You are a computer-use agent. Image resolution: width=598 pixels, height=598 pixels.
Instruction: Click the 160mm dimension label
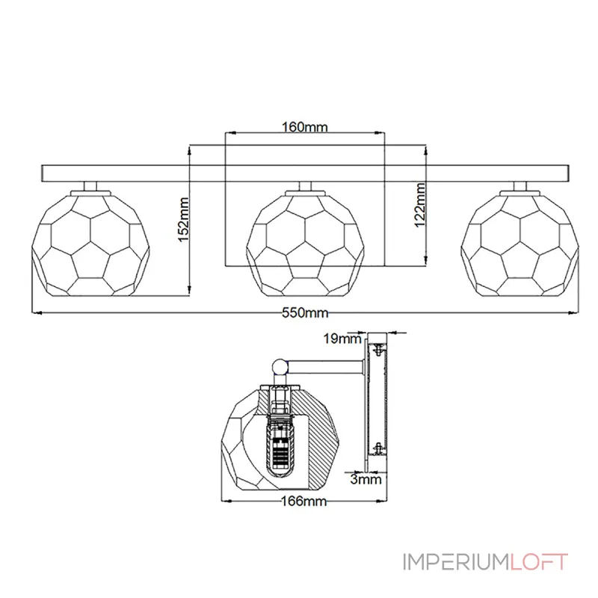[304, 126]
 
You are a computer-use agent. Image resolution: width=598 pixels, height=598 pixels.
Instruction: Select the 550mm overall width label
[305, 312]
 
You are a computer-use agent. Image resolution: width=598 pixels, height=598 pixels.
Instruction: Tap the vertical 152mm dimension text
[184, 219]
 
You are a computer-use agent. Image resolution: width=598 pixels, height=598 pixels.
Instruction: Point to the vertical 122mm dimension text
[420, 205]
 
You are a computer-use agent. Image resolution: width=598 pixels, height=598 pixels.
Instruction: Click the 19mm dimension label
[342, 339]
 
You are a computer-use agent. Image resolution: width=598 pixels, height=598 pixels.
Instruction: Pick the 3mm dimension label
[366, 479]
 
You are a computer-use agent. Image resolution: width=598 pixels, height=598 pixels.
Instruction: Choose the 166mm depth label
[304, 501]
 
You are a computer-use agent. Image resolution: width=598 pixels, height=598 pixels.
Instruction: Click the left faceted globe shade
[90, 244]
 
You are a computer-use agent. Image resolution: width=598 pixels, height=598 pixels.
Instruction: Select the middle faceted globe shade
[305, 244]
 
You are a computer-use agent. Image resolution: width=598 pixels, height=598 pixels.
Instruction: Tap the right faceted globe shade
[520, 244]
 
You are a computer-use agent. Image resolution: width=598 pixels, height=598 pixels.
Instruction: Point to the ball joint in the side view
[280, 367]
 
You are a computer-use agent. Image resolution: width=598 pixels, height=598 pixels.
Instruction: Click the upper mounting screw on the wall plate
[378, 349]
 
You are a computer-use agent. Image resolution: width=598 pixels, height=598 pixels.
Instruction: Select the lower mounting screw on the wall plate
[378, 449]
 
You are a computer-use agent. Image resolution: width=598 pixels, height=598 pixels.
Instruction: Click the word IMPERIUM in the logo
[456, 562]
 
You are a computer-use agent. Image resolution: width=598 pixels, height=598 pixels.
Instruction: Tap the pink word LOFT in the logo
[539, 562]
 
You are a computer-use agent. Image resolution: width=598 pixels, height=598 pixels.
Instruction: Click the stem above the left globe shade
[90, 186]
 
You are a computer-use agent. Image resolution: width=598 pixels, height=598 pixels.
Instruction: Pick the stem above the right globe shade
[520, 186]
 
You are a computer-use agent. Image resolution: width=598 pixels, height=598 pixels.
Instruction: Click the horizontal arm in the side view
[325, 367]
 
